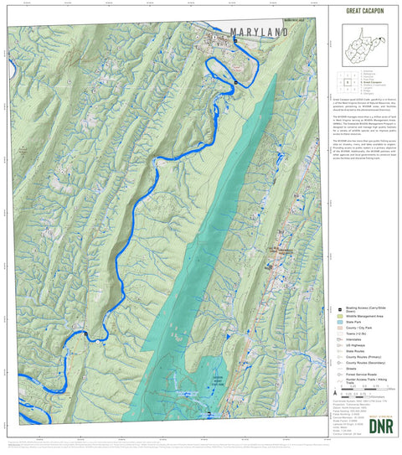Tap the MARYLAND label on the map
coord(251,32)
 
